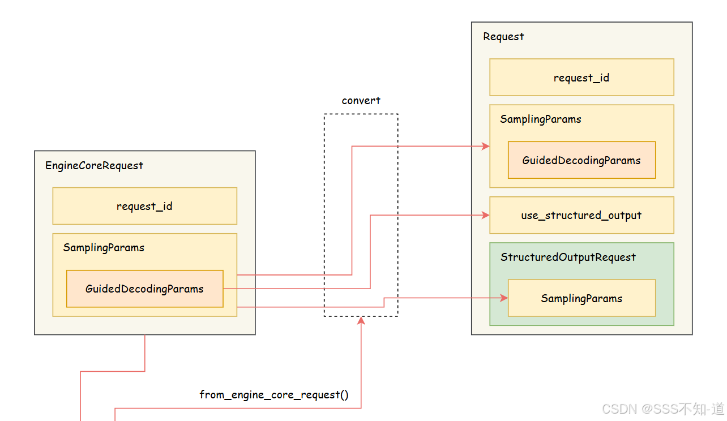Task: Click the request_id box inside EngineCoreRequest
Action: pyautogui.click(x=144, y=206)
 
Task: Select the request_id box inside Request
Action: pyautogui.click(x=581, y=78)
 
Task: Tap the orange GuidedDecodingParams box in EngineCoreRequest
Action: pyautogui.click(x=144, y=289)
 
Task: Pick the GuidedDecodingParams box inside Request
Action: pyautogui.click(x=581, y=160)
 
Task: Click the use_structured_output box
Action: pyautogui.click(x=581, y=215)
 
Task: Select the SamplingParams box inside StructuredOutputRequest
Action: pyautogui.click(x=581, y=298)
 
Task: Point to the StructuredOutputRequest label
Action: pyautogui.click(x=568, y=257)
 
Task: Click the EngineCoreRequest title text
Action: pyautogui.click(x=94, y=166)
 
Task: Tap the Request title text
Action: pyautogui.click(x=503, y=37)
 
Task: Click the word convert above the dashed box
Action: pyautogui.click(x=361, y=101)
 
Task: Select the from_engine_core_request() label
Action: pyautogui.click(x=274, y=394)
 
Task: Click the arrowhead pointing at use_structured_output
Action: pyautogui.click(x=486, y=215)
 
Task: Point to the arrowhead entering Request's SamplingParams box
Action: pyautogui.click(x=486, y=146)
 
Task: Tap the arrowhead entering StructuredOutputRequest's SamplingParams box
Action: pyautogui.click(x=504, y=298)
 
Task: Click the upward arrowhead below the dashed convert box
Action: pyautogui.click(x=361, y=321)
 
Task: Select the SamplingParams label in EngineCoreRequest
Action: pyautogui.click(x=104, y=248)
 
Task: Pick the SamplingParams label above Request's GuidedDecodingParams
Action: pyautogui.click(x=540, y=119)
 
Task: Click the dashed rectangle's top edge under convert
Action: pyautogui.click(x=361, y=114)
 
